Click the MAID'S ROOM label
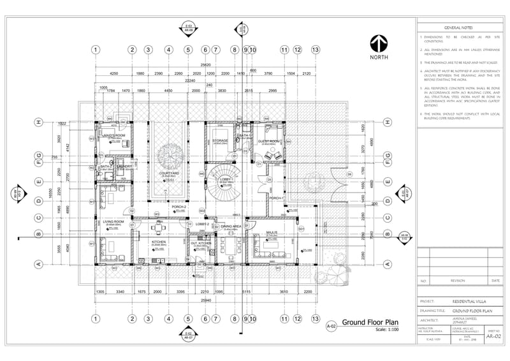(x=114, y=136)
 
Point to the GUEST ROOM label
(x=268, y=141)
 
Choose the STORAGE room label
(x=221, y=140)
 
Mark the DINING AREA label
(x=231, y=226)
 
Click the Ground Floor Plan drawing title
(x=369, y=322)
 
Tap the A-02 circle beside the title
(x=331, y=326)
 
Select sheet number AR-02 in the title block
(x=493, y=335)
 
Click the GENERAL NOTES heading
(x=458, y=28)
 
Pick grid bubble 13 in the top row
(x=315, y=49)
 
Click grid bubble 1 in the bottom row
(x=95, y=318)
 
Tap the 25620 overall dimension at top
(x=206, y=65)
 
